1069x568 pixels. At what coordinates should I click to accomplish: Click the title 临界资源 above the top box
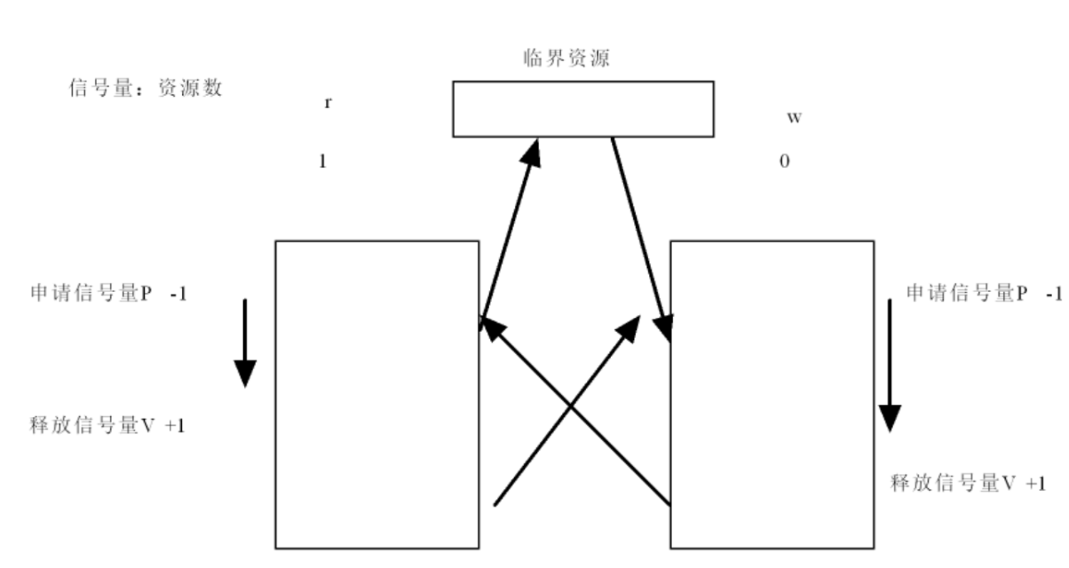pos(566,59)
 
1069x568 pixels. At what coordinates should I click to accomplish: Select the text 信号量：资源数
pos(146,88)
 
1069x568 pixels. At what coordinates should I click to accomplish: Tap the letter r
pos(328,103)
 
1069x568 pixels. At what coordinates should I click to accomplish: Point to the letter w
pos(794,117)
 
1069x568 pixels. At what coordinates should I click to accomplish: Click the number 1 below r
pos(322,162)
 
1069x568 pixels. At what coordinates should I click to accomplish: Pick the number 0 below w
pos(785,162)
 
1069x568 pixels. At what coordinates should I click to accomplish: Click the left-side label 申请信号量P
pos(91,293)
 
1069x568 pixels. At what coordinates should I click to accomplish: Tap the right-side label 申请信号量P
pos(967,293)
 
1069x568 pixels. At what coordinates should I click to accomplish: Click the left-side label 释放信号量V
pos(91,425)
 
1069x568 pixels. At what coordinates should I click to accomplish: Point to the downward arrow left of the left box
pos(245,343)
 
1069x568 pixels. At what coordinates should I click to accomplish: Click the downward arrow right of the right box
pos(890,366)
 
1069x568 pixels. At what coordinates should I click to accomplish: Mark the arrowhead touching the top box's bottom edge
pos(532,153)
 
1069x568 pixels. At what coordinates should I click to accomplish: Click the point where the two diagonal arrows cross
pos(570,406)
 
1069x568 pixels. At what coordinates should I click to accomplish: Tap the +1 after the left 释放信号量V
pos(175,425)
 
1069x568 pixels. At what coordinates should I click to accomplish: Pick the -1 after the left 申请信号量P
pos(178,294)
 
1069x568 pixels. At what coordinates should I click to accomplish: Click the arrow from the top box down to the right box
pos(642,240)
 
